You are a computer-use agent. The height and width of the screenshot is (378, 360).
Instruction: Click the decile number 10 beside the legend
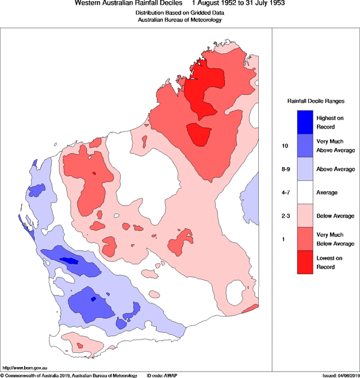tap(284, 146)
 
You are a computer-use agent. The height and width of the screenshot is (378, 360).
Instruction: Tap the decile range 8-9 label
tap(285, 169)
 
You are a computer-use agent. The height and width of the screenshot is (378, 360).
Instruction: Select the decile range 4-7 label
tap(285, 192)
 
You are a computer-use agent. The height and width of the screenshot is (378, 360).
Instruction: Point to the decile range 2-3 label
tap(285, 216)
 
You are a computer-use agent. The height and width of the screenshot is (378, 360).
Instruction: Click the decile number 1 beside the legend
tap(283, 239)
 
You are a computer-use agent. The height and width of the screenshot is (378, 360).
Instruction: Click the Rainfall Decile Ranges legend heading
tap(316, 101)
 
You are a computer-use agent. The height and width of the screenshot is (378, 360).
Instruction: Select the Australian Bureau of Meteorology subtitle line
tap(179, 20)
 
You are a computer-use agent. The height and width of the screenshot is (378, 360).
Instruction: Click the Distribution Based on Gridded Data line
tap(179, 13)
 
